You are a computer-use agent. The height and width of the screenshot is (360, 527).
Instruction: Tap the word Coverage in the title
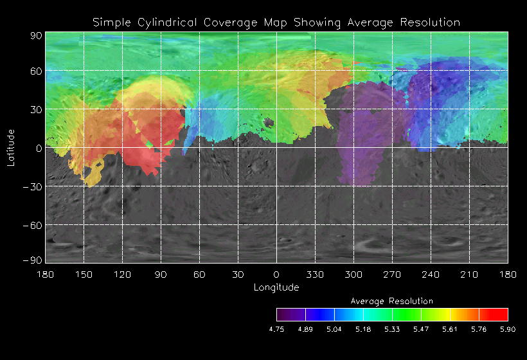233,22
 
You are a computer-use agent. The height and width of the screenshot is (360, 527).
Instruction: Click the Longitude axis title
276,287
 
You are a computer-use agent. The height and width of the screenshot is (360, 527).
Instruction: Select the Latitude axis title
11,147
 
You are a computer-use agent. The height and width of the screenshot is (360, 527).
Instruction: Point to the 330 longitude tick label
315,274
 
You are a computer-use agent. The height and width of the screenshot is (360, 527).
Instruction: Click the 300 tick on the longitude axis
353,274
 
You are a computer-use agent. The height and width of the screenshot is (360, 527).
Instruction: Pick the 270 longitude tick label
392,274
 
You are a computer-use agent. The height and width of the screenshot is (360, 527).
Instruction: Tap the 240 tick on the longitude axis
431,274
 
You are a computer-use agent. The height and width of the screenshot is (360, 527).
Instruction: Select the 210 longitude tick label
469,274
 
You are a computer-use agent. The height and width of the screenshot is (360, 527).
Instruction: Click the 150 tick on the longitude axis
84,274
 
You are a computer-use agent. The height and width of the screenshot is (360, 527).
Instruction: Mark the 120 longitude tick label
122,274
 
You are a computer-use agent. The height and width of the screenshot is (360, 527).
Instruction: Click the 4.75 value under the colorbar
276,328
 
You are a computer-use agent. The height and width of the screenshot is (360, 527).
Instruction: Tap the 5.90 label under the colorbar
508,328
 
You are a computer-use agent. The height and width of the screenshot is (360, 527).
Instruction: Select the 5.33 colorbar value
392,328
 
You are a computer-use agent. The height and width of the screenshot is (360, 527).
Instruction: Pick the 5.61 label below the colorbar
450,328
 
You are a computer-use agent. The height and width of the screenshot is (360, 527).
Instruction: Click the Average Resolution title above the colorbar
392,301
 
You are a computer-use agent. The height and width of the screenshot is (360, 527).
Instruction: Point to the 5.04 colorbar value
334,328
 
